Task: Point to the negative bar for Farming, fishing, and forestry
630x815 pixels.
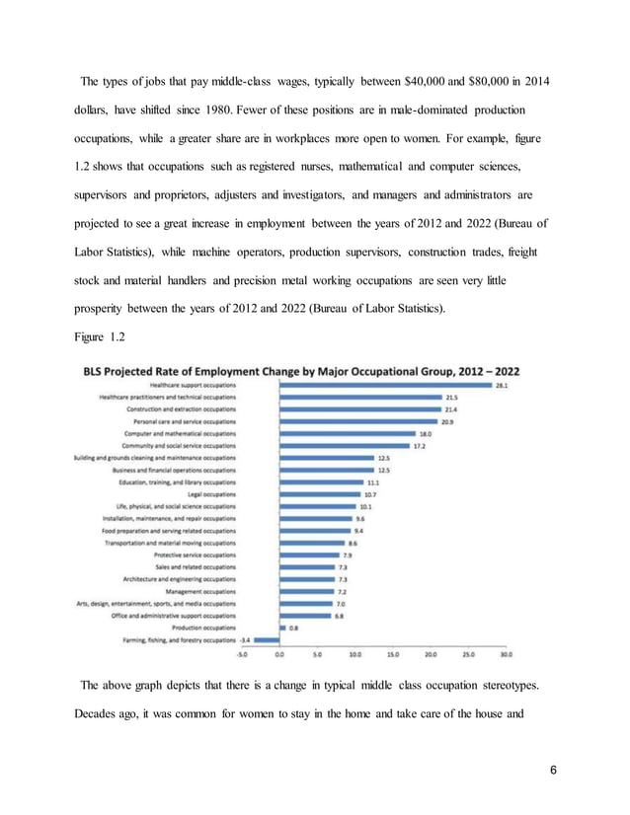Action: click(268, 638)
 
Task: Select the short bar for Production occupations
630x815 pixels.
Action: click(283, 627)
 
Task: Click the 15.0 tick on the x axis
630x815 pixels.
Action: click(392, 653)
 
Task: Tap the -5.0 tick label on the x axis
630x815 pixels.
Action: click(243, 653)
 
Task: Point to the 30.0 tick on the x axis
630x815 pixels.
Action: click(505, 653)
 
